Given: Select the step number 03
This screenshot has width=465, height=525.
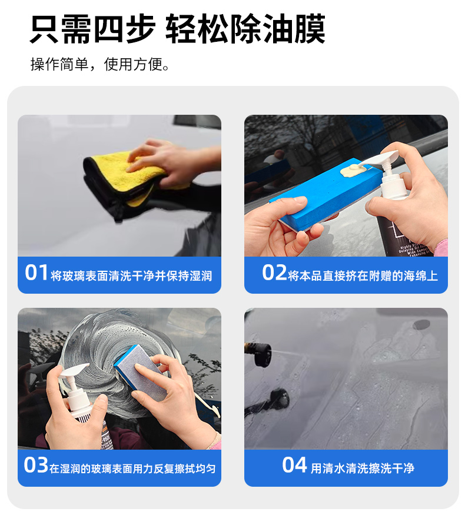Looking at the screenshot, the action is tap(36, 465).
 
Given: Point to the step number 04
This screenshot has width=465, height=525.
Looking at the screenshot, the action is tap(294, 465).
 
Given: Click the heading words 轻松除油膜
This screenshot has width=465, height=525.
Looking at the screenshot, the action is tap(245, 29).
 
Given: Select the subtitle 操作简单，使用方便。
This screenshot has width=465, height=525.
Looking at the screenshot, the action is tap(100, 64).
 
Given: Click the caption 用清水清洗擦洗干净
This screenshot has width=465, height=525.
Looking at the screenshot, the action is tap(363, 468).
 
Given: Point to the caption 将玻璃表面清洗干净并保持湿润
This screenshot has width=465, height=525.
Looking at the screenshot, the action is tap(132, 276).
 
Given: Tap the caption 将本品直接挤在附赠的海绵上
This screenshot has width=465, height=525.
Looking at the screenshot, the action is tap(363, 276).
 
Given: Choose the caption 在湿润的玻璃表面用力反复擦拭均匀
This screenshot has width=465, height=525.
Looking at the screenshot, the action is tap(132, 468).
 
